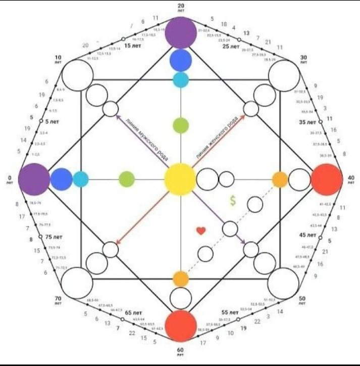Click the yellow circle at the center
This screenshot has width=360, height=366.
[180, 179]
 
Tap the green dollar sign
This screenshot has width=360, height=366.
[232, 200]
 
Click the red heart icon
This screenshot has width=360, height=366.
[201, 231]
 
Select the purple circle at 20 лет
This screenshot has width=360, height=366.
[180, 32]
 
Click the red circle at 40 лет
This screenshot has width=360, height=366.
[327, 179]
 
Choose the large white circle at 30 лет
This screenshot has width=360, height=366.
[284, 75]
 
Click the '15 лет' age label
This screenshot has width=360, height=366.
[132, 45]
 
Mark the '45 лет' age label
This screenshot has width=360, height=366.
[308, 235]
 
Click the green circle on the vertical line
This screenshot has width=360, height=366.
[180, 125]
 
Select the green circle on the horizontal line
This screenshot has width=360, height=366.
[126, 179]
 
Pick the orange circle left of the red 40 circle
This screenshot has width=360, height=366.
[280, 179]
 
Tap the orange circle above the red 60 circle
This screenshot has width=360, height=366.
[180, 278]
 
